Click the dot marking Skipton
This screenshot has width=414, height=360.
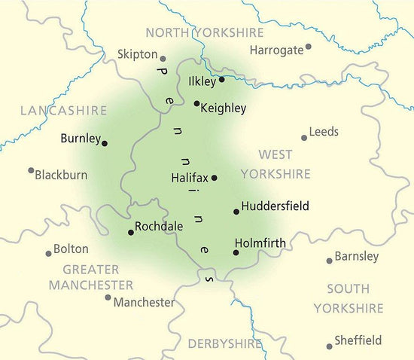point(163,57)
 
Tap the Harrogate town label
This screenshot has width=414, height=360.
point(275,50)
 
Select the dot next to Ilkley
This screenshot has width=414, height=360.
point(221,79)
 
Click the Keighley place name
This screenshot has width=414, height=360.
point(224,108)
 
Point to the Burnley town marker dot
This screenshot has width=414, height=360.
point(105,143)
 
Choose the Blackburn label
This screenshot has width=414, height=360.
point(62,175)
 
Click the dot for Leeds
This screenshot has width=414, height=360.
point(304,138)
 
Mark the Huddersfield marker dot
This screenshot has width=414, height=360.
point(236,212)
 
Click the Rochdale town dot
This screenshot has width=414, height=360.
point(131,233)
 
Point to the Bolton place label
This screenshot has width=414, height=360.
point(71,249)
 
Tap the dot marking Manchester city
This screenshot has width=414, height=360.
point(108,297)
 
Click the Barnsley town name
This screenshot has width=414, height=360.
point(357,256)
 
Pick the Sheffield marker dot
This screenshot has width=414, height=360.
point(330,346)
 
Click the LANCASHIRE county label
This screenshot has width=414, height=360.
point(64,111)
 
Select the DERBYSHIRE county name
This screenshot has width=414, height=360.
point(225,343)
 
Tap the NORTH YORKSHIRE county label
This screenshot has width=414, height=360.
point(205,32)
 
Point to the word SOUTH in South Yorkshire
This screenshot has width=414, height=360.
point(349,288)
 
